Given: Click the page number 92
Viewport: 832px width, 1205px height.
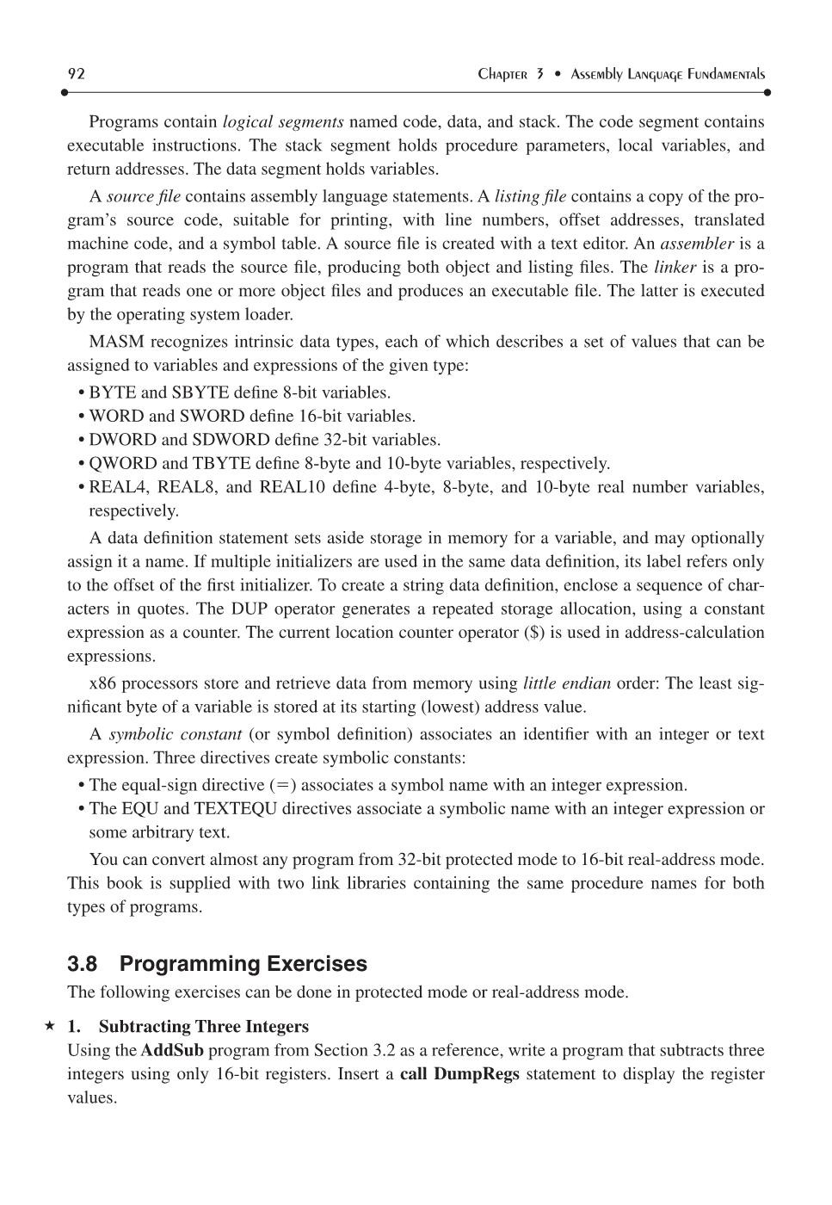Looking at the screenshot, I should point(76,74).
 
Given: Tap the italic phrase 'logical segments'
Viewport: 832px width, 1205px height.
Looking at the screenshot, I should point(283,122).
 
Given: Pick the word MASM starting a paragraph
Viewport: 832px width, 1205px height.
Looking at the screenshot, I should point(116,343).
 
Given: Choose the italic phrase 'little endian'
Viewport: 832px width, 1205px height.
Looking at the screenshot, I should point(566,684).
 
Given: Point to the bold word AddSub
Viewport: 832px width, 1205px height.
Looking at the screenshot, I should point(172,1051).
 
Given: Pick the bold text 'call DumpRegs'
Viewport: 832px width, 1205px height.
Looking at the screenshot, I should point(459,1074).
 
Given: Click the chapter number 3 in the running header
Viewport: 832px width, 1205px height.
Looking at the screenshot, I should point(539,74).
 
